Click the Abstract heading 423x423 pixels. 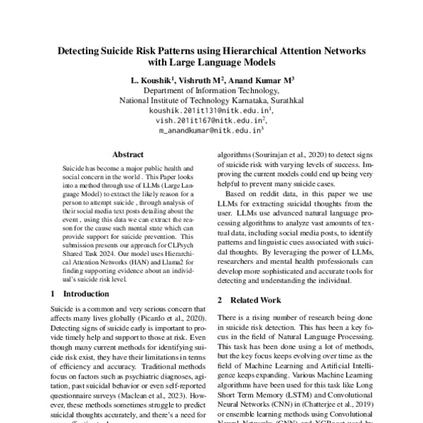click(x=128, y=155)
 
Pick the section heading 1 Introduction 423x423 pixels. click(x=70, y=293)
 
